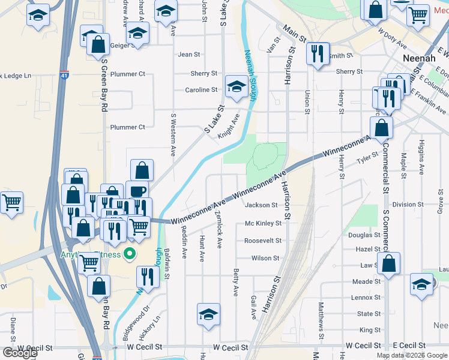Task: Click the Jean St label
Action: tap(189, 55)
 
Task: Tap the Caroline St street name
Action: tap(201, 90)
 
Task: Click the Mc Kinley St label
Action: tap(263, 223)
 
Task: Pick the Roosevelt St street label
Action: tap(263, 241)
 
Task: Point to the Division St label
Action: tap(408, 205)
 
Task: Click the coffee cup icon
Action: tap(137, 190)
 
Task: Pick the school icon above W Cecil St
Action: tap(208, 314)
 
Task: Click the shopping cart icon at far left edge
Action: tap(11, 202)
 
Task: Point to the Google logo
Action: tap(20, 353)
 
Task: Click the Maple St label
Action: tap(403, 161)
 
